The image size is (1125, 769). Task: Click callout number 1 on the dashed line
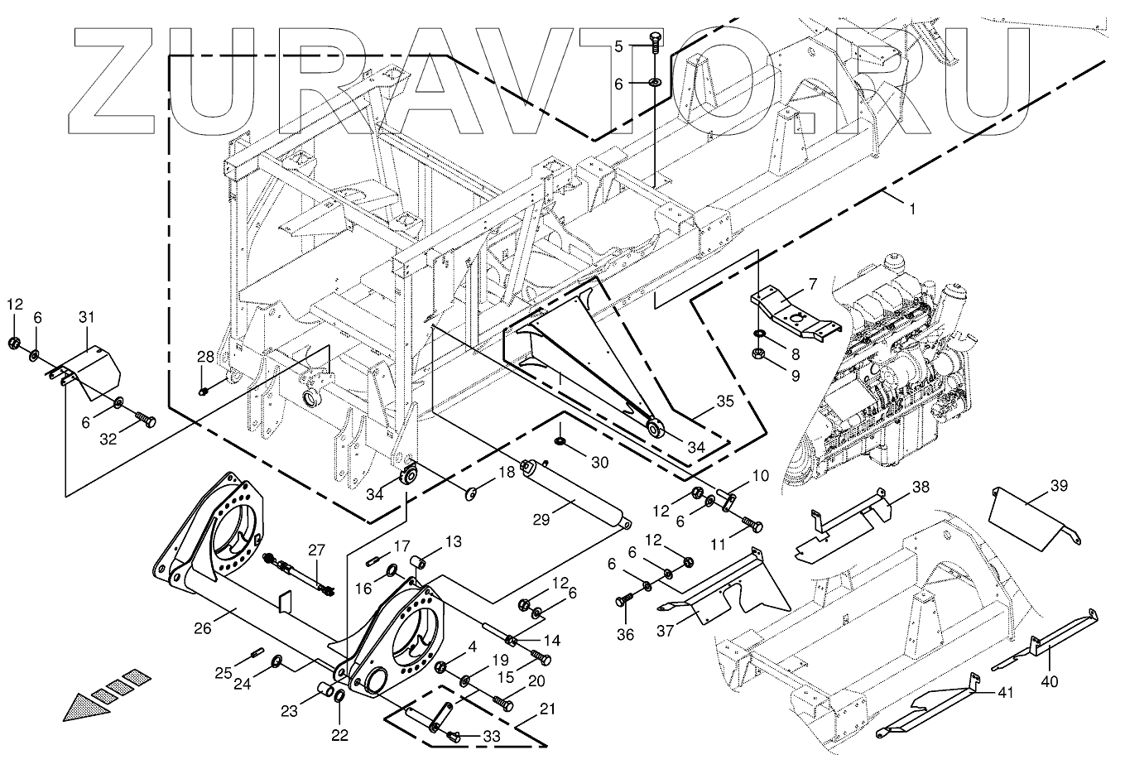(911, 210)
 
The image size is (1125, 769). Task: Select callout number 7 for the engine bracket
(812, 284)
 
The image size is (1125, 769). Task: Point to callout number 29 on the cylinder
(541, 520)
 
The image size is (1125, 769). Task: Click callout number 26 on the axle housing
(204, 628)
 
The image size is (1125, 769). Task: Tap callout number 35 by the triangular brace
(724, 401)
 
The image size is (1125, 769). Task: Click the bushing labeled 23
(327, 690)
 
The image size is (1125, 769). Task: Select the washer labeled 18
(472, 494)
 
